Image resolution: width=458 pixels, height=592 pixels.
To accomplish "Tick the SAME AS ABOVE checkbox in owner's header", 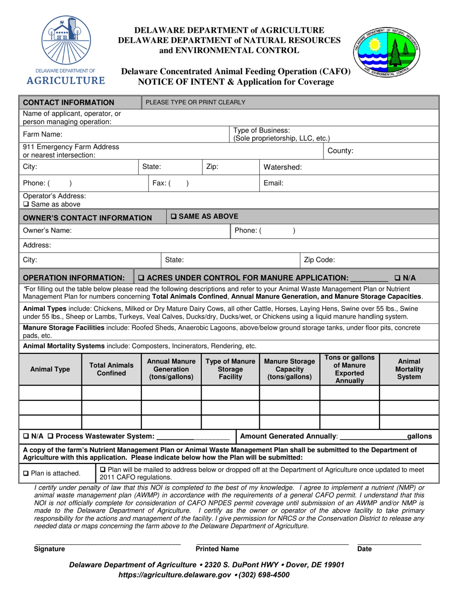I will click(x=174, y=217).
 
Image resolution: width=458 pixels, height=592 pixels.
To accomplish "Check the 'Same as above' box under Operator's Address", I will click(x=26, y=204).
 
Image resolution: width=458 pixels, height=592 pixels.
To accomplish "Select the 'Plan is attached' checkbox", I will click(x=26, y=473).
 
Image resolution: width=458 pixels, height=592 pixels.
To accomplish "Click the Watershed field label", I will click(x=283, y=167).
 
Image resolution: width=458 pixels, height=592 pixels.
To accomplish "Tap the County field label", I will click(x=340, y=151).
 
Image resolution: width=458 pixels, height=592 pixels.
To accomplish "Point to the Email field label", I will click(x=273, y=183).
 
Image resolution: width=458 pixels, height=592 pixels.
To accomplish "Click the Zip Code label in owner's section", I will click(x=319, y=259).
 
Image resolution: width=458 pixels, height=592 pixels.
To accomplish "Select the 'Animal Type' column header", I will click(x=50, y=369).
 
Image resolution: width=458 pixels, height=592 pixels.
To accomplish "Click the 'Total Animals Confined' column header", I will click(x=111, y=369).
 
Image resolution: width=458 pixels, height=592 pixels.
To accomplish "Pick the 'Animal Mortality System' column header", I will click(x=409, y=369).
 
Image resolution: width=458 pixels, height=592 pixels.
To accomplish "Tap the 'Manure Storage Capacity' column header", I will click(x=289, y=369).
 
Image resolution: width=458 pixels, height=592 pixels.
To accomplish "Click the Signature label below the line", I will click(x=49, y=549).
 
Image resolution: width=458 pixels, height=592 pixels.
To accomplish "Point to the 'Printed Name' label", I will click(x=217, y=549).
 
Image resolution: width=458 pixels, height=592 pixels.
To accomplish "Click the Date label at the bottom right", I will click(x=364, y=549).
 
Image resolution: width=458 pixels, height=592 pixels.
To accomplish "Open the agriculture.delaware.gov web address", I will click(x=176, y=574).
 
